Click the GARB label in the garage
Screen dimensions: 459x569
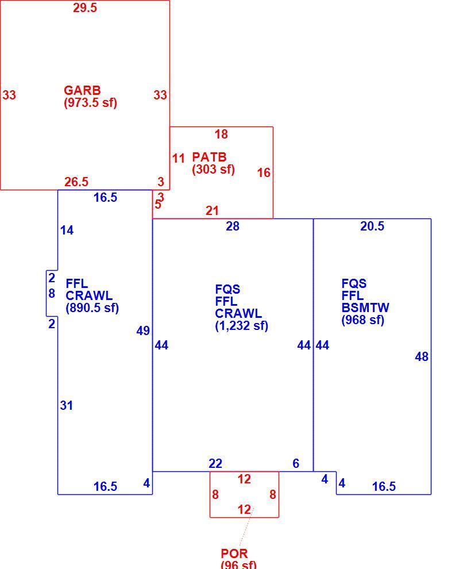pyautogui.click(x=82, y=90)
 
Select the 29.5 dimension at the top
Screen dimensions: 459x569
pyautogui.click(x=85, y=7)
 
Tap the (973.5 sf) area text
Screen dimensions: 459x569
pyautogui.click(x=90, y=102)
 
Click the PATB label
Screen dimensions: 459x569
pyautogui.click(x=209, y=157)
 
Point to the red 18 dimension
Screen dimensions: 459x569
pyautogui.click(x=221, y=134)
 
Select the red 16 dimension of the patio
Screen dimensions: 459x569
pyautogui.click(x=264, y=172)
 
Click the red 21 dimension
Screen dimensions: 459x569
pyautogui.click(x=212, y=210)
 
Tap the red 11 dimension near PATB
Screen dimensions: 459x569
pyautogui.click(x=179, y=158)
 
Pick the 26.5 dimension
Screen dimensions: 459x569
pyautogui.click(x=76, y=182)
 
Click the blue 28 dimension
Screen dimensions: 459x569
pyautogui.click(x=233, y=226)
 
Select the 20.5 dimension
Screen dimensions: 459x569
pyautogui.click(x=372, y=226)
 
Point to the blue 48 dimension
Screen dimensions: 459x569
pyautogui.click(x=422, y=357)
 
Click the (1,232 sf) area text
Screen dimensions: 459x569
pyautogui.click(x=242, y=325)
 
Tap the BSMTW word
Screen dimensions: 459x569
pyautogui.click(x=365, y=307)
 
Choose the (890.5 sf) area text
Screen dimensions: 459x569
pyautogui.click(x=92, y=307)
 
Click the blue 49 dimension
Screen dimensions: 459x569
pyautogui.click(x=143, y=330)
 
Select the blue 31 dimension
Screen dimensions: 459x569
pyautogui.click(x=67, y=405)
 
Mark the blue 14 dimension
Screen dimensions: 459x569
pyautogui.click(x=67, y=230)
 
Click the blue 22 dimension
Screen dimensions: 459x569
pyautogui.click(x=215, y=463)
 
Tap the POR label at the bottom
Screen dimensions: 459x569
pyautogui.click(x=234, y=553)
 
